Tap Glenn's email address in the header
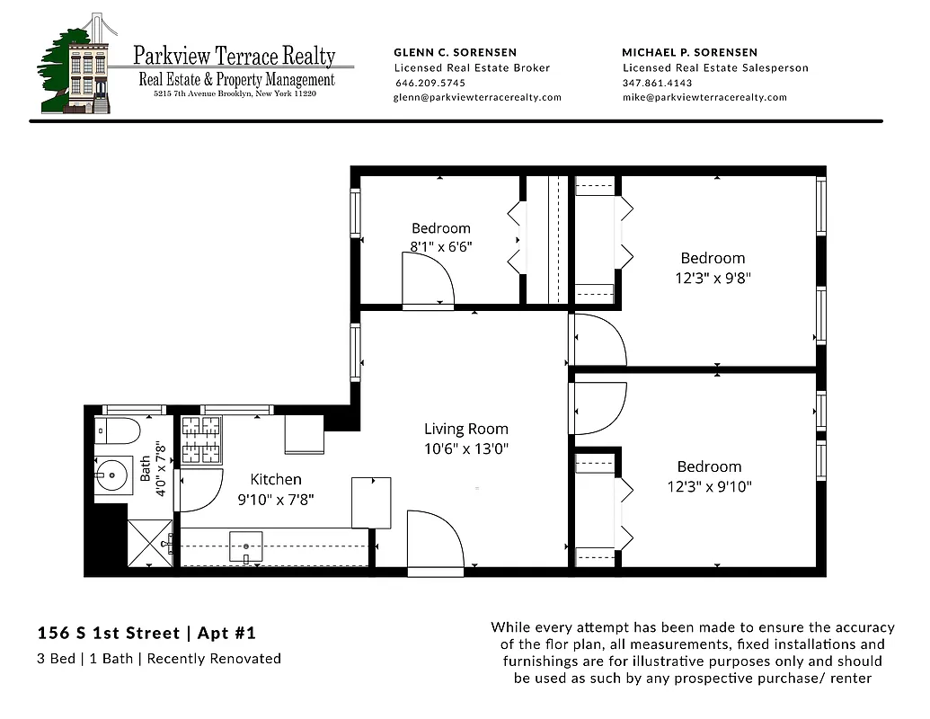(x=477, y=97)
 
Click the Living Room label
(x=465, y=429)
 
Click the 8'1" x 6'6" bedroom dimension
(x=440, y=244)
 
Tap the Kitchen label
(x=276, y=479)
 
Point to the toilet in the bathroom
(x=119, y=432)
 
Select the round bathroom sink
(x=114, y=474)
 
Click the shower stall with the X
(x=149, y=544)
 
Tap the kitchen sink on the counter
(x=245, y=545)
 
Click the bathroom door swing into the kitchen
(x=200, y=490)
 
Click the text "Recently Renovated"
(x=214, y=659)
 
